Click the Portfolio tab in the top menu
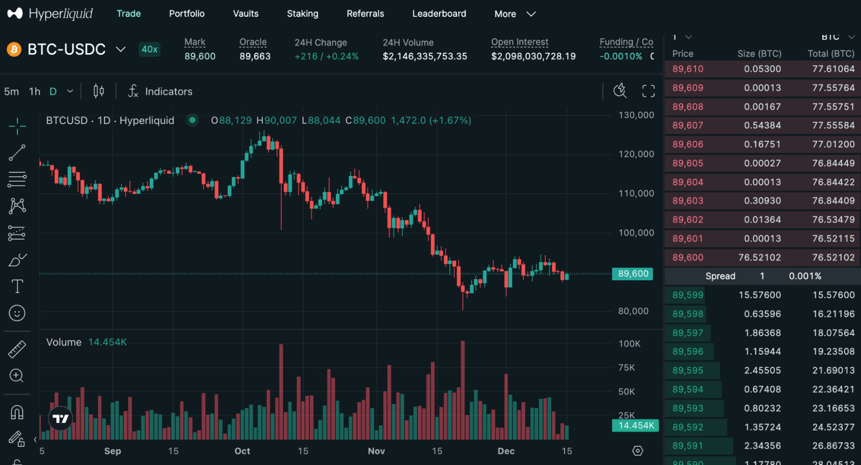(186, 14)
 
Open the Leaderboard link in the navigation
(439, 14)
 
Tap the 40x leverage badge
(149, 49)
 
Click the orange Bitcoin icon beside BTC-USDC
(14, 50)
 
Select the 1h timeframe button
(34, 91)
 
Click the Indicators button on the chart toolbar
(160, 91)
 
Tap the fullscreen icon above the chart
(648, 91)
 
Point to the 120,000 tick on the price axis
(636, 154)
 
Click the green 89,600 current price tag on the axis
(632, 274)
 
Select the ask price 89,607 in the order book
(687, 125)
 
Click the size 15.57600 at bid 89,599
(759, 295)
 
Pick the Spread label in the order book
(720, 276)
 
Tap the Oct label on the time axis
(242, 451)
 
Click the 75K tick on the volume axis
(626, 368)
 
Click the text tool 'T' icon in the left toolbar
(17, 286)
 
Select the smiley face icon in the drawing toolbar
(17, 313)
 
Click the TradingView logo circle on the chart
(60, 418)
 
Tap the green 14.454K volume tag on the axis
(635, 425)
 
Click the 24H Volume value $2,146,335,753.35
(424, 56)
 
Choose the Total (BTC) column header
(830, 54)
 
